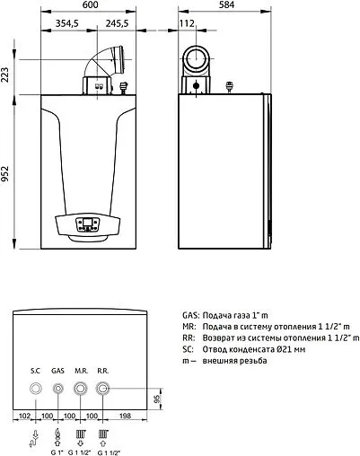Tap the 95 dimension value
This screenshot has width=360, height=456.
pos(158,399)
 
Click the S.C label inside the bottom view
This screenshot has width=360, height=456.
pos(36,370)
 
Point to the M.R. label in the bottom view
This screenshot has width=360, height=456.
pos(81,370)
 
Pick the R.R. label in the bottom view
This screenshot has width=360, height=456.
pos(104,370)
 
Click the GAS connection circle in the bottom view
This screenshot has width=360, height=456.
pos(58,389)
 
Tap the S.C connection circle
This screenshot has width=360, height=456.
pos(36,389)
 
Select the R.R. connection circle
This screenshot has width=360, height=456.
pos(103,389)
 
